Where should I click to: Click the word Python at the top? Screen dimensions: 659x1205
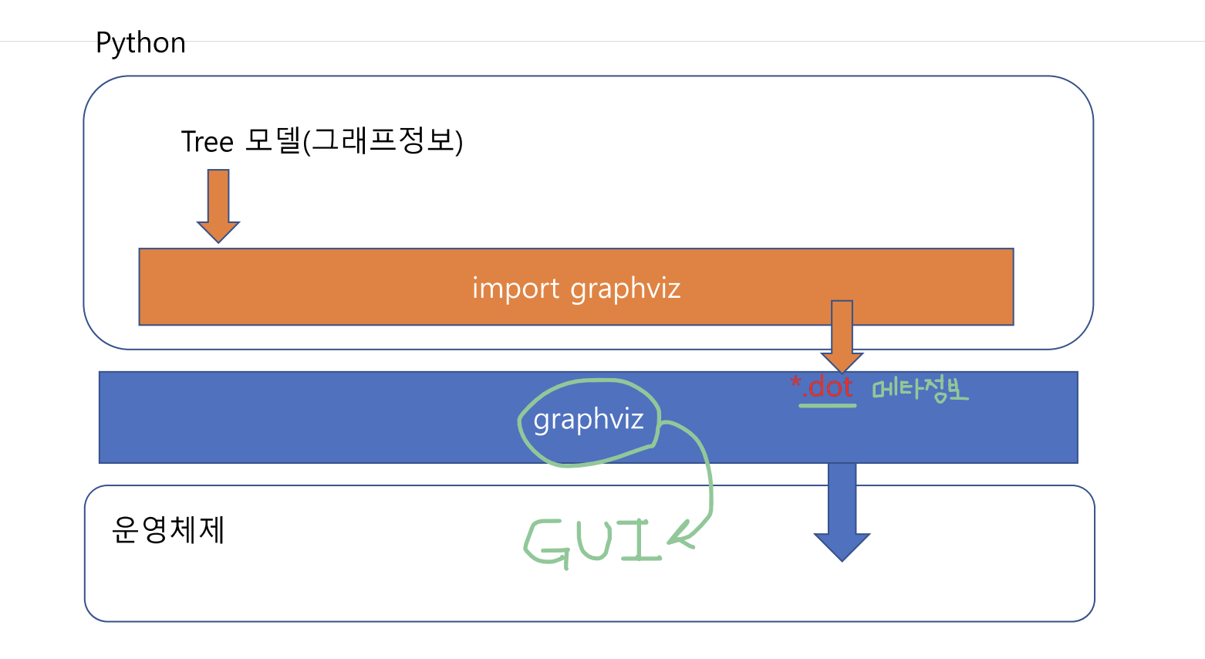(140, 43)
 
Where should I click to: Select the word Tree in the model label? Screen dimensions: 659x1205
(207, 142)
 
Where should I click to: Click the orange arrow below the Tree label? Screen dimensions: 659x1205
(218, 204)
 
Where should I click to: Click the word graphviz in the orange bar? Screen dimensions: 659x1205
(626, 289)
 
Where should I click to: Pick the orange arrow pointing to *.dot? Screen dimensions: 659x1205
(842, 336)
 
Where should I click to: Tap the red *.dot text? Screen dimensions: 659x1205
(822, 386)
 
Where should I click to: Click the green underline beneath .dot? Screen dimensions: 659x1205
(827, 404)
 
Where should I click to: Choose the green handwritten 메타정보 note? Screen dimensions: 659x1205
(920, 389)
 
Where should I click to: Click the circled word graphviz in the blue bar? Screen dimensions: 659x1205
(589, 420)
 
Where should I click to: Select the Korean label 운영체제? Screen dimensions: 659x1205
(168, 530)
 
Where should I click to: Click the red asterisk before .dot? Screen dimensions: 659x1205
(796, 382)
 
